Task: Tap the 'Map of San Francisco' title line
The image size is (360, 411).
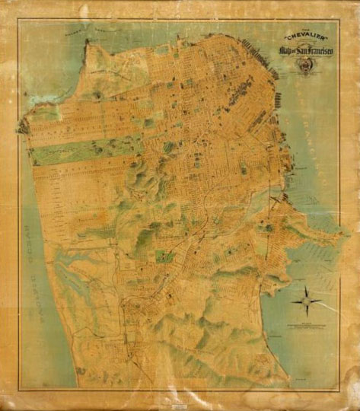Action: pyautogui.click(x=302, y=50)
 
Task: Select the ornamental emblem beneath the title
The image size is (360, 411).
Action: pyautogui.click(x=302, y=68)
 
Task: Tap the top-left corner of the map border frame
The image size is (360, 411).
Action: pyautogui.click(x=18, y=20)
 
